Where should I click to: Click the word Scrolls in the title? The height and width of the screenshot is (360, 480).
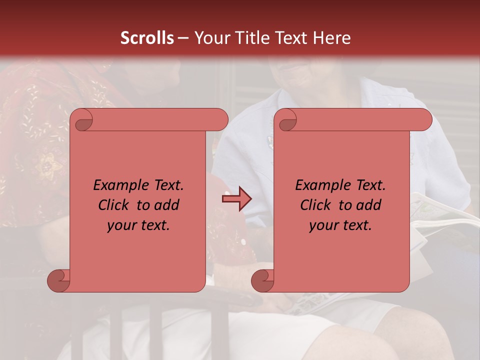coord(147,38)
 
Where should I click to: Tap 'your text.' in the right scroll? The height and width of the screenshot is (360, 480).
coord(340,225)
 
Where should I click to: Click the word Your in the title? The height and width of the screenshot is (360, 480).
coord(210,38)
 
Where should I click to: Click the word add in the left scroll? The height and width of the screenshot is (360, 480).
coord(167,205)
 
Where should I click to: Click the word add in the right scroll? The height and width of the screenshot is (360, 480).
coord(369,205)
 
